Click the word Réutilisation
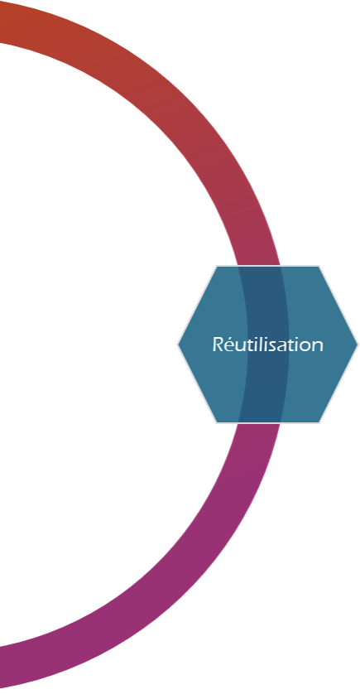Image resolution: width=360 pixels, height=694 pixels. point(267,345)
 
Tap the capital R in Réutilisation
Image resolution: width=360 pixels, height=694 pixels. point(217,345)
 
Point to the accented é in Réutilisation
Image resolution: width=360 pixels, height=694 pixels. point(228,345)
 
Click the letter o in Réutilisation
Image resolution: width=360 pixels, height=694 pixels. point(306,346)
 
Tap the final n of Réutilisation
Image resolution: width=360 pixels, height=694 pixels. point(319,346)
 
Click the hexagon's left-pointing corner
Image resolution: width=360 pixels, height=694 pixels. point(178,345)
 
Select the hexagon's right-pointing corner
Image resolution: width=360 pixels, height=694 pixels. point(358,345)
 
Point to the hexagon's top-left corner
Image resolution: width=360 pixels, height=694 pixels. point(217,266)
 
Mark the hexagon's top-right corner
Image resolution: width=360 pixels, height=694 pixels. point(319,266)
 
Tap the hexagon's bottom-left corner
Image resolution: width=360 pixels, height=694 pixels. point(217,422)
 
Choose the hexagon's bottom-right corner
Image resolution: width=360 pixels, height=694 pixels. point(319,422)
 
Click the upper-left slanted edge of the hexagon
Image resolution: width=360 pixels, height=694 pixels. point(197,306)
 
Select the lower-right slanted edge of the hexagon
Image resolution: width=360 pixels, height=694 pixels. point(338,383)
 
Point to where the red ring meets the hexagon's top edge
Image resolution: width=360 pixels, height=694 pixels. point(259,266)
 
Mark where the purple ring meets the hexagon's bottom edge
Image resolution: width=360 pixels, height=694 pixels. point(259,422)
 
